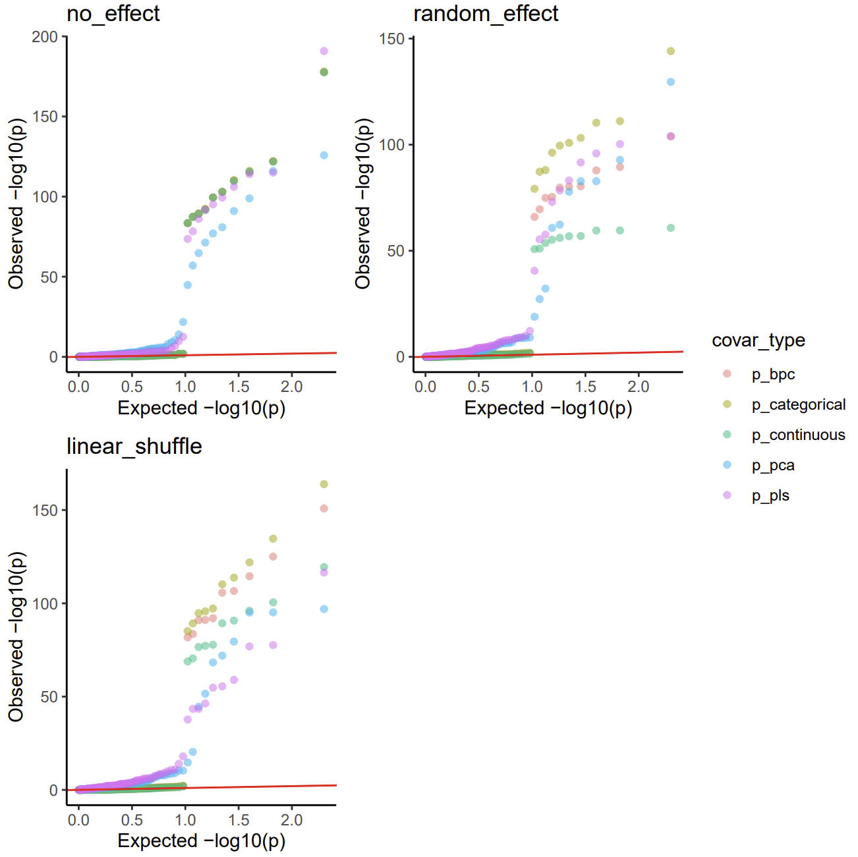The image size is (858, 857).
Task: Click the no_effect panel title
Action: pos(113,14)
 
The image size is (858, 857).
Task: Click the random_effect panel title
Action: pos(485,14)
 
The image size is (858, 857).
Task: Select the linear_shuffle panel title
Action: pos(134,447)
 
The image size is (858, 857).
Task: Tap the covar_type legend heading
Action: pos(758,341)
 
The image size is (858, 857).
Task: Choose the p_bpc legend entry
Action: pos(772,374)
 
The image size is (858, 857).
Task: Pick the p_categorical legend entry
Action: pos(798,404)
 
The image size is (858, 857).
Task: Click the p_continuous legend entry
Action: pos(798,435)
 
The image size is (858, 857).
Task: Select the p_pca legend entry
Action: pos(772,465)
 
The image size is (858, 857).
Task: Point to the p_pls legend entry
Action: pos(770,495)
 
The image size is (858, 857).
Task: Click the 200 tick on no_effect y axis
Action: pos(45,37)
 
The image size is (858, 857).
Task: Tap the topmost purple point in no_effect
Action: pos(324,51)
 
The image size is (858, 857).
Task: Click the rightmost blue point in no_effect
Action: pos(324,155)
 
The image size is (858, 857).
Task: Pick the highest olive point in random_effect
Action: pos(670,51)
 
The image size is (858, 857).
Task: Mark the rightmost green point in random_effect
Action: pos(670,228)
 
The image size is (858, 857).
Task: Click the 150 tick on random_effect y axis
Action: pos(391,39)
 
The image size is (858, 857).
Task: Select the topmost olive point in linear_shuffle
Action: pos(324,484)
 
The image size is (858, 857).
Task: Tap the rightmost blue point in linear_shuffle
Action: pos(324,609)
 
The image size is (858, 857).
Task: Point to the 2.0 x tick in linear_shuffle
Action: pos(291,820)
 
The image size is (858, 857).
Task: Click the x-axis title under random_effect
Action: pos(548,408)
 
